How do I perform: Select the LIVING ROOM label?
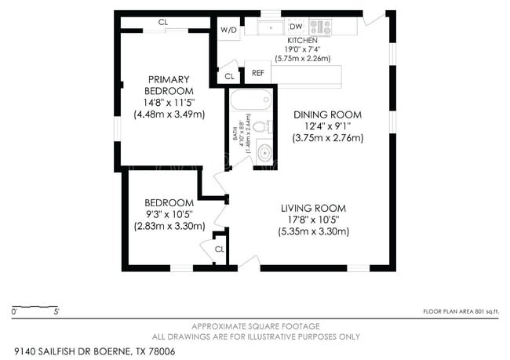click(313, 208)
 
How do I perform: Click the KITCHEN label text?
click(301, 39)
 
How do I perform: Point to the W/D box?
click(228, 30)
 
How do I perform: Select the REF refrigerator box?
click(257, 73)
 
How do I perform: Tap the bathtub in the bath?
click(250, 101)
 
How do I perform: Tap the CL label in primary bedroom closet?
click(163, 22)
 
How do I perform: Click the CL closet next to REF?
click(229, 77)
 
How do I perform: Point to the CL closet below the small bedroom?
click(219, 249)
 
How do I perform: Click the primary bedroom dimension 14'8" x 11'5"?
click(169, 102)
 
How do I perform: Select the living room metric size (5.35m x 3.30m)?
click(313, 231)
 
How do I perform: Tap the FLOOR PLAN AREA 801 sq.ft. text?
click(461, 311)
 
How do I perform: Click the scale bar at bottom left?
click(35, 305)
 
